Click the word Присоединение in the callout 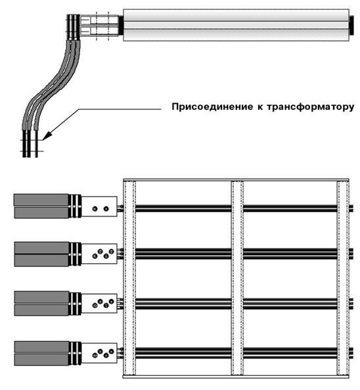(x=211, y=107)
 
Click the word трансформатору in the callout (x=310, y=107)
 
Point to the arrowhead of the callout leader (x=47, y=135)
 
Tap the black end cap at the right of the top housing (x=351, y=25)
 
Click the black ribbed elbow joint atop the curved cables (x=74, y=27)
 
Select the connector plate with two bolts (x=99, y=207)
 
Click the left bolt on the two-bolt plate (x=95, y=208)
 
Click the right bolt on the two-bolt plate (x=106, y=208)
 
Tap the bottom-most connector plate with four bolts (x=99, y=353)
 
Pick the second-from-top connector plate (x=99, y=254)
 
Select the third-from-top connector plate (x=99, y=303)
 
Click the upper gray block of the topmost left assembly (x=41, y=200)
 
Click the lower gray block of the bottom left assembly (x=41, y=360)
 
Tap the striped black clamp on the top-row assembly (x=75, y=207)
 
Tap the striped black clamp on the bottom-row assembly (x=75, y=354)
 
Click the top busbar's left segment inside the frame (x=183, y=208)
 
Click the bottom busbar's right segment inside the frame (x=290, y=353)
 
